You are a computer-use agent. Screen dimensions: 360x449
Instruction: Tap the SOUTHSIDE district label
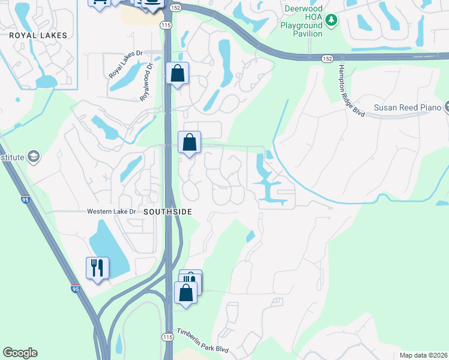(x=167, y=212)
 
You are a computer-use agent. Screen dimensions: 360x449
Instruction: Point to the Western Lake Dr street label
(x=112, y=212)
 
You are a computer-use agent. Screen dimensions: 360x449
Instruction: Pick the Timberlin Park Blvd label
(x=203, y=341)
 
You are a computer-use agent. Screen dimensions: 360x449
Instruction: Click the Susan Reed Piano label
(x=408, y=108)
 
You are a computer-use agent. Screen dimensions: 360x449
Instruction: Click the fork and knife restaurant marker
(x=97, y=268)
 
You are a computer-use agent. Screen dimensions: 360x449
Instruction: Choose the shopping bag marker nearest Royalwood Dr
(x=178, y=74)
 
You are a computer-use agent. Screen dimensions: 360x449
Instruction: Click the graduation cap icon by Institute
(x=34, y=157)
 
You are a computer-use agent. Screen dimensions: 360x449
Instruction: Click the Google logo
(x=20, y=353)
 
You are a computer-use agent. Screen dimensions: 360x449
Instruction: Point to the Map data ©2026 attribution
(x=423, y=355)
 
